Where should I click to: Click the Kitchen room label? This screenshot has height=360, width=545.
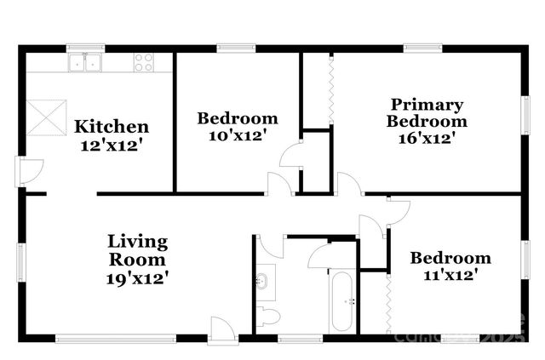point(111,127)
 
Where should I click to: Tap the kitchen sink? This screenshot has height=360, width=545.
point(86,61)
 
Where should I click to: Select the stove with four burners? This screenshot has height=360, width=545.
point(144,61)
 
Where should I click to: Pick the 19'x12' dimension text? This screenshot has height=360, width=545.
point(136,277)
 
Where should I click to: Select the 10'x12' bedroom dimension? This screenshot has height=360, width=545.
point(238,135)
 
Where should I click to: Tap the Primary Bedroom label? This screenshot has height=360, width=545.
point(426,113)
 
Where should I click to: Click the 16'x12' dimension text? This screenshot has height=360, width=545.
point(426,138)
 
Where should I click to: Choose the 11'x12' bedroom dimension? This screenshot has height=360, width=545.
point(450,274)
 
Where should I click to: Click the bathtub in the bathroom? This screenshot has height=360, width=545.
point(342,301)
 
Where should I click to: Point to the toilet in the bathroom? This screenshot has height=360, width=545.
point(268,317)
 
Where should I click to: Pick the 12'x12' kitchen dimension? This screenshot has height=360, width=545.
point(111,145)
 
